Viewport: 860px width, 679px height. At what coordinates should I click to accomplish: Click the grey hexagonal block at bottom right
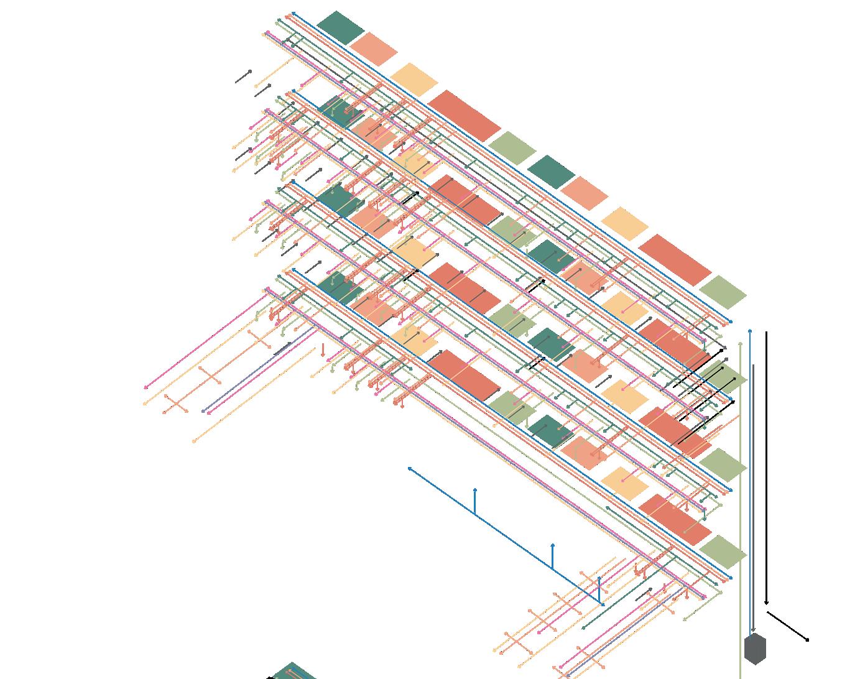click(755, 649)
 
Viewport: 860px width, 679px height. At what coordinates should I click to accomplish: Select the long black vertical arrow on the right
click(766, 466)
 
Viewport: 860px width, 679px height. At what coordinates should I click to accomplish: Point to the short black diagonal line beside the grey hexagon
click(787, 626)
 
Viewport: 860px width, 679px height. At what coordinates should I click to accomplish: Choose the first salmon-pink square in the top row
click(374, 49)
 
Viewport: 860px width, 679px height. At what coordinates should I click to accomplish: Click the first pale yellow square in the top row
click(414, 80)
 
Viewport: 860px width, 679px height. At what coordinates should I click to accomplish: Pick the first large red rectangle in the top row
click(464, 116)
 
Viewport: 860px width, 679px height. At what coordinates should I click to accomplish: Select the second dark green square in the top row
click(551, 172)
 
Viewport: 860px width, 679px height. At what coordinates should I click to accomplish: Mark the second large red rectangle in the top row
click(675, 259)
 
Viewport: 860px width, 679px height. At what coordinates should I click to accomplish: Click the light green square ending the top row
click(723, 292)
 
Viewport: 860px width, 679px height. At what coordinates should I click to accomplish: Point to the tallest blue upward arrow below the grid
click(475, 501)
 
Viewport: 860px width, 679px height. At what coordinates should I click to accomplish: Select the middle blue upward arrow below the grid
click(553, 556)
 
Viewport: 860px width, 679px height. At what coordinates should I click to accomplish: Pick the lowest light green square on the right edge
click(723, 552)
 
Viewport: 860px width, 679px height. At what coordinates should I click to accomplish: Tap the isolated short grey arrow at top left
click(243, 76)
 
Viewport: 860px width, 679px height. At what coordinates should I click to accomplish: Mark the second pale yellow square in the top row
click(625, 223)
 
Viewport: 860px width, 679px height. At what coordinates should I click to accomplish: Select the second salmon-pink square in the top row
click(585, 193)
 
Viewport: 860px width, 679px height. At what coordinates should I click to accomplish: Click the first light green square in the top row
click(512, 148)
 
